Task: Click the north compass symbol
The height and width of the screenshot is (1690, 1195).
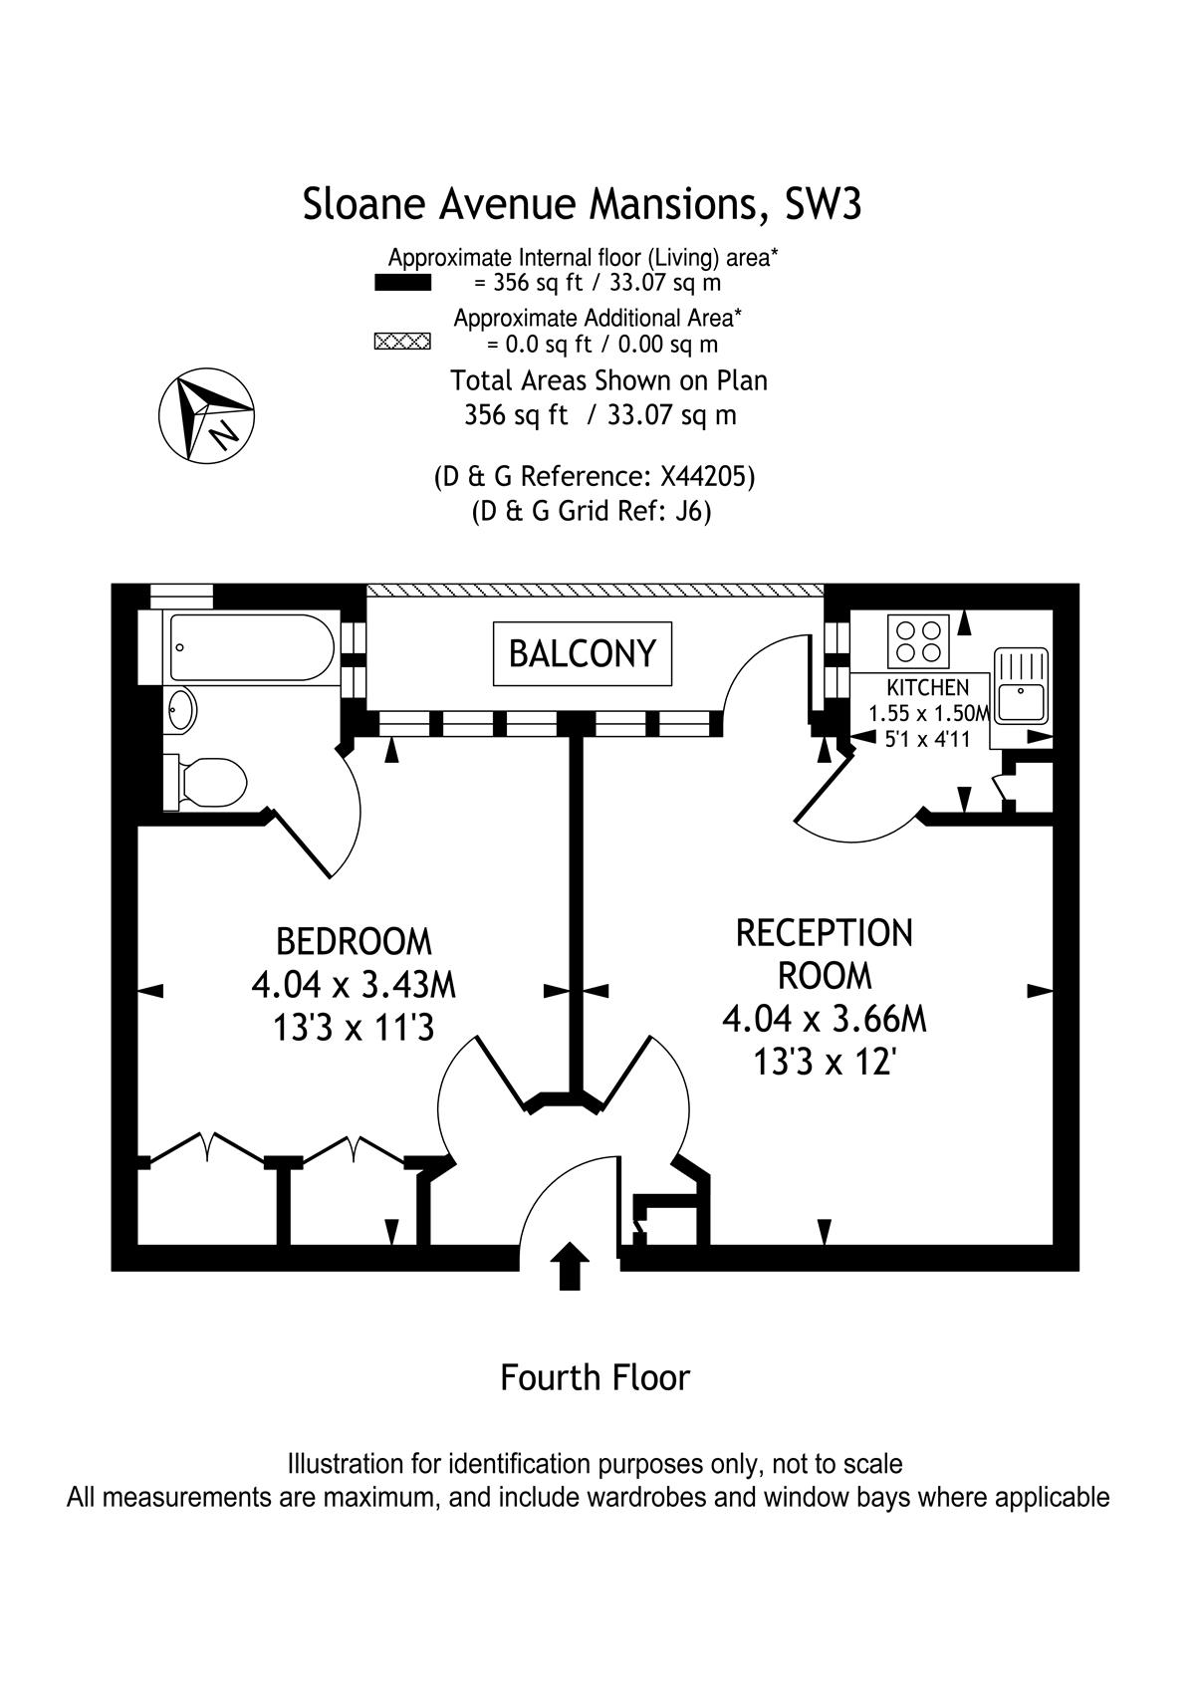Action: point(207,416)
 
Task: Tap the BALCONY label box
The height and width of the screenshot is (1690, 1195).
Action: point(583,653)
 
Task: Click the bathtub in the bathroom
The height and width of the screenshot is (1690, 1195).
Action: point(251,647)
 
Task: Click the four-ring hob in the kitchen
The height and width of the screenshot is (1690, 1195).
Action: point(918,640)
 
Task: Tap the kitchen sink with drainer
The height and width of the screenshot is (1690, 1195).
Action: point(1021,684)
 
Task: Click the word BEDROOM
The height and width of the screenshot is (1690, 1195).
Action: point(354,941)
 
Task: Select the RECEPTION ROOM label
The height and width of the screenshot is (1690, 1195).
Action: point(824,954)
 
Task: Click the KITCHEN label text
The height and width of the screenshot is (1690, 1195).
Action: point(927,688)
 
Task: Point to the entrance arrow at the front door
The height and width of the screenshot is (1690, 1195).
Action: point(569,1265)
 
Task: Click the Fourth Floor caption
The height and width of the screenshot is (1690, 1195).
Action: point(595,1378)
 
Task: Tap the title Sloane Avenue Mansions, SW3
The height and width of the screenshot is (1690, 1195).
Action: point(582,204)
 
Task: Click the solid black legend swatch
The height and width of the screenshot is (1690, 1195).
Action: point(402,284)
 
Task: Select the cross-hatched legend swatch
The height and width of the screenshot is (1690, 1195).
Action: point(402,343)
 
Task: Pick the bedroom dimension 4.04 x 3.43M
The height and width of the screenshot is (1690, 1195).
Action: point(354,985)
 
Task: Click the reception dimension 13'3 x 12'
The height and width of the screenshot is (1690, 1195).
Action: point(825,1064)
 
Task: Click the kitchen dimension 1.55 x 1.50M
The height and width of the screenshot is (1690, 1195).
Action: point(929,714)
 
